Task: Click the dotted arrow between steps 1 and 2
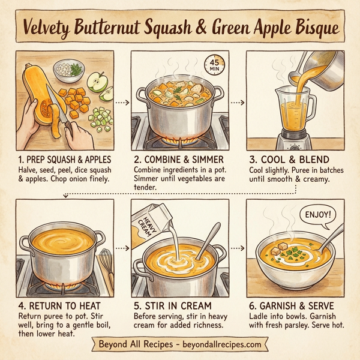[122, 103]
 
